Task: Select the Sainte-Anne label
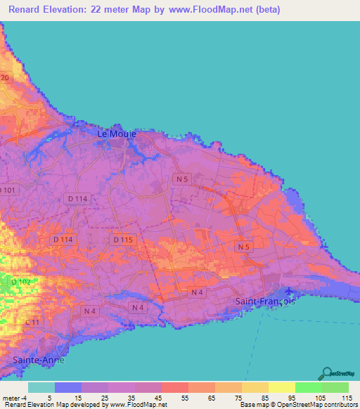(38, 360)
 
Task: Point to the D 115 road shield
(122, 240)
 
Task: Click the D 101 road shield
(8, 190)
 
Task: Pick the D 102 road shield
(21, 282)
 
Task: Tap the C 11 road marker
(31, 323)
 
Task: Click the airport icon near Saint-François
(288, 291)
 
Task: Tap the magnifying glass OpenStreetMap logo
(326, 373)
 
